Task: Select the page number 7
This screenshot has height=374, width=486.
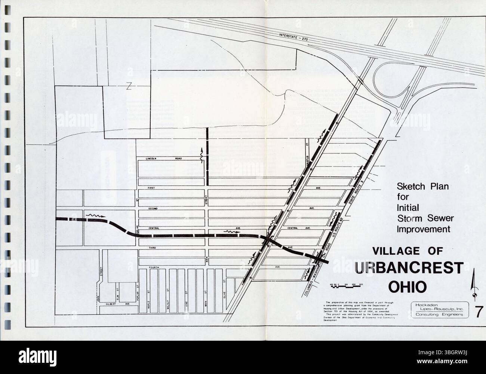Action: coord(479,311)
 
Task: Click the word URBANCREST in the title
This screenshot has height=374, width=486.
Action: coord(409,268)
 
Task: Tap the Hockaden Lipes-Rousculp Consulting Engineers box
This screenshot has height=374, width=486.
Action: coord(439,310)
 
